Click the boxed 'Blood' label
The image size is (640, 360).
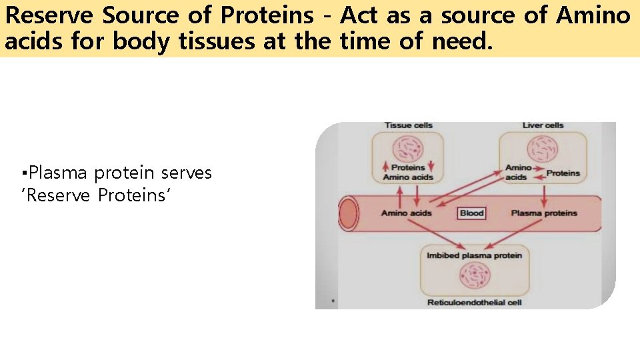[471, 213]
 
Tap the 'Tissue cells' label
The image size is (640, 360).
[408, 125]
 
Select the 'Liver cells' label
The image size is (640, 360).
[543, 125]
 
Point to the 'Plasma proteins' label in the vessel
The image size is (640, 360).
[544, 213]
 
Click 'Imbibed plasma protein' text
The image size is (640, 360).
[474, 255]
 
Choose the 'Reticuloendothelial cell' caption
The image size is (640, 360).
[474, 303]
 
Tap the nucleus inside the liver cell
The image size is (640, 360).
[543, 149]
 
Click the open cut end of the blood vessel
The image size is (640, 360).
[348, 213]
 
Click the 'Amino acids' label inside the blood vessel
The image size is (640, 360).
[406, 213]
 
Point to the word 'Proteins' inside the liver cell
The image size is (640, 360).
[563, 173]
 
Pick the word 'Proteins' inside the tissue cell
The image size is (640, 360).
[408, 168]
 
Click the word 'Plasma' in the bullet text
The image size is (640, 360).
[59, 173]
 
